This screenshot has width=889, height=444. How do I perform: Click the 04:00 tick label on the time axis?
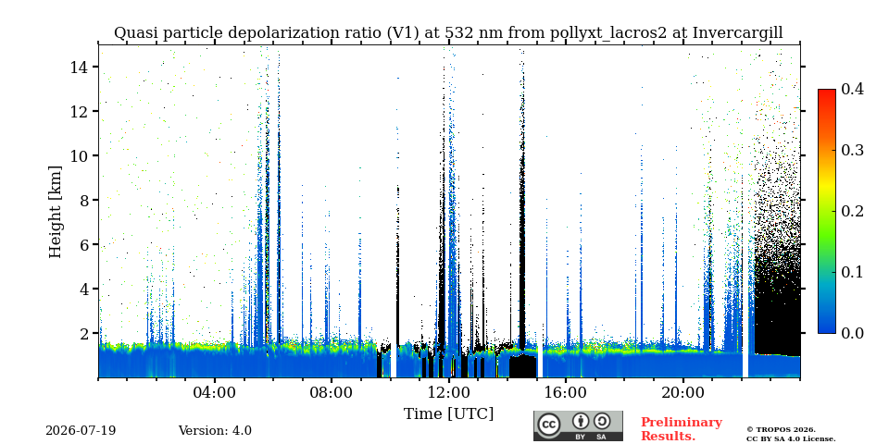215,392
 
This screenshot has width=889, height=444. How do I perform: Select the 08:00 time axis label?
332,392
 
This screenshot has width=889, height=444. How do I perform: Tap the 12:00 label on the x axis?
448,392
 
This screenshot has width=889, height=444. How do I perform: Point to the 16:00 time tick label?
566,392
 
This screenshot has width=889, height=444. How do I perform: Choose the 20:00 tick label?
682,392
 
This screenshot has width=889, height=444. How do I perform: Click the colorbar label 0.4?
852,89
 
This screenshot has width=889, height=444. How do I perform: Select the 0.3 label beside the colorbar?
852,150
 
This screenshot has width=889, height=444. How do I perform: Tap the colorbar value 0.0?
852,333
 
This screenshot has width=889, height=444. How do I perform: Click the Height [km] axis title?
55,212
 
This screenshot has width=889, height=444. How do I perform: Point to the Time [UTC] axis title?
448,413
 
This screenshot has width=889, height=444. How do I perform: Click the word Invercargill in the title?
738,33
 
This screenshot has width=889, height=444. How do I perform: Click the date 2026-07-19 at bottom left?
81,431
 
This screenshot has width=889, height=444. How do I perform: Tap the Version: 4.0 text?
215,431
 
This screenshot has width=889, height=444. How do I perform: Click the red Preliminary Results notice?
682,428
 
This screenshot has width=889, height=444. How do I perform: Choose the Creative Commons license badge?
578,425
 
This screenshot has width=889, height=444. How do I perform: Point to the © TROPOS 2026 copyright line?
781,430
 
